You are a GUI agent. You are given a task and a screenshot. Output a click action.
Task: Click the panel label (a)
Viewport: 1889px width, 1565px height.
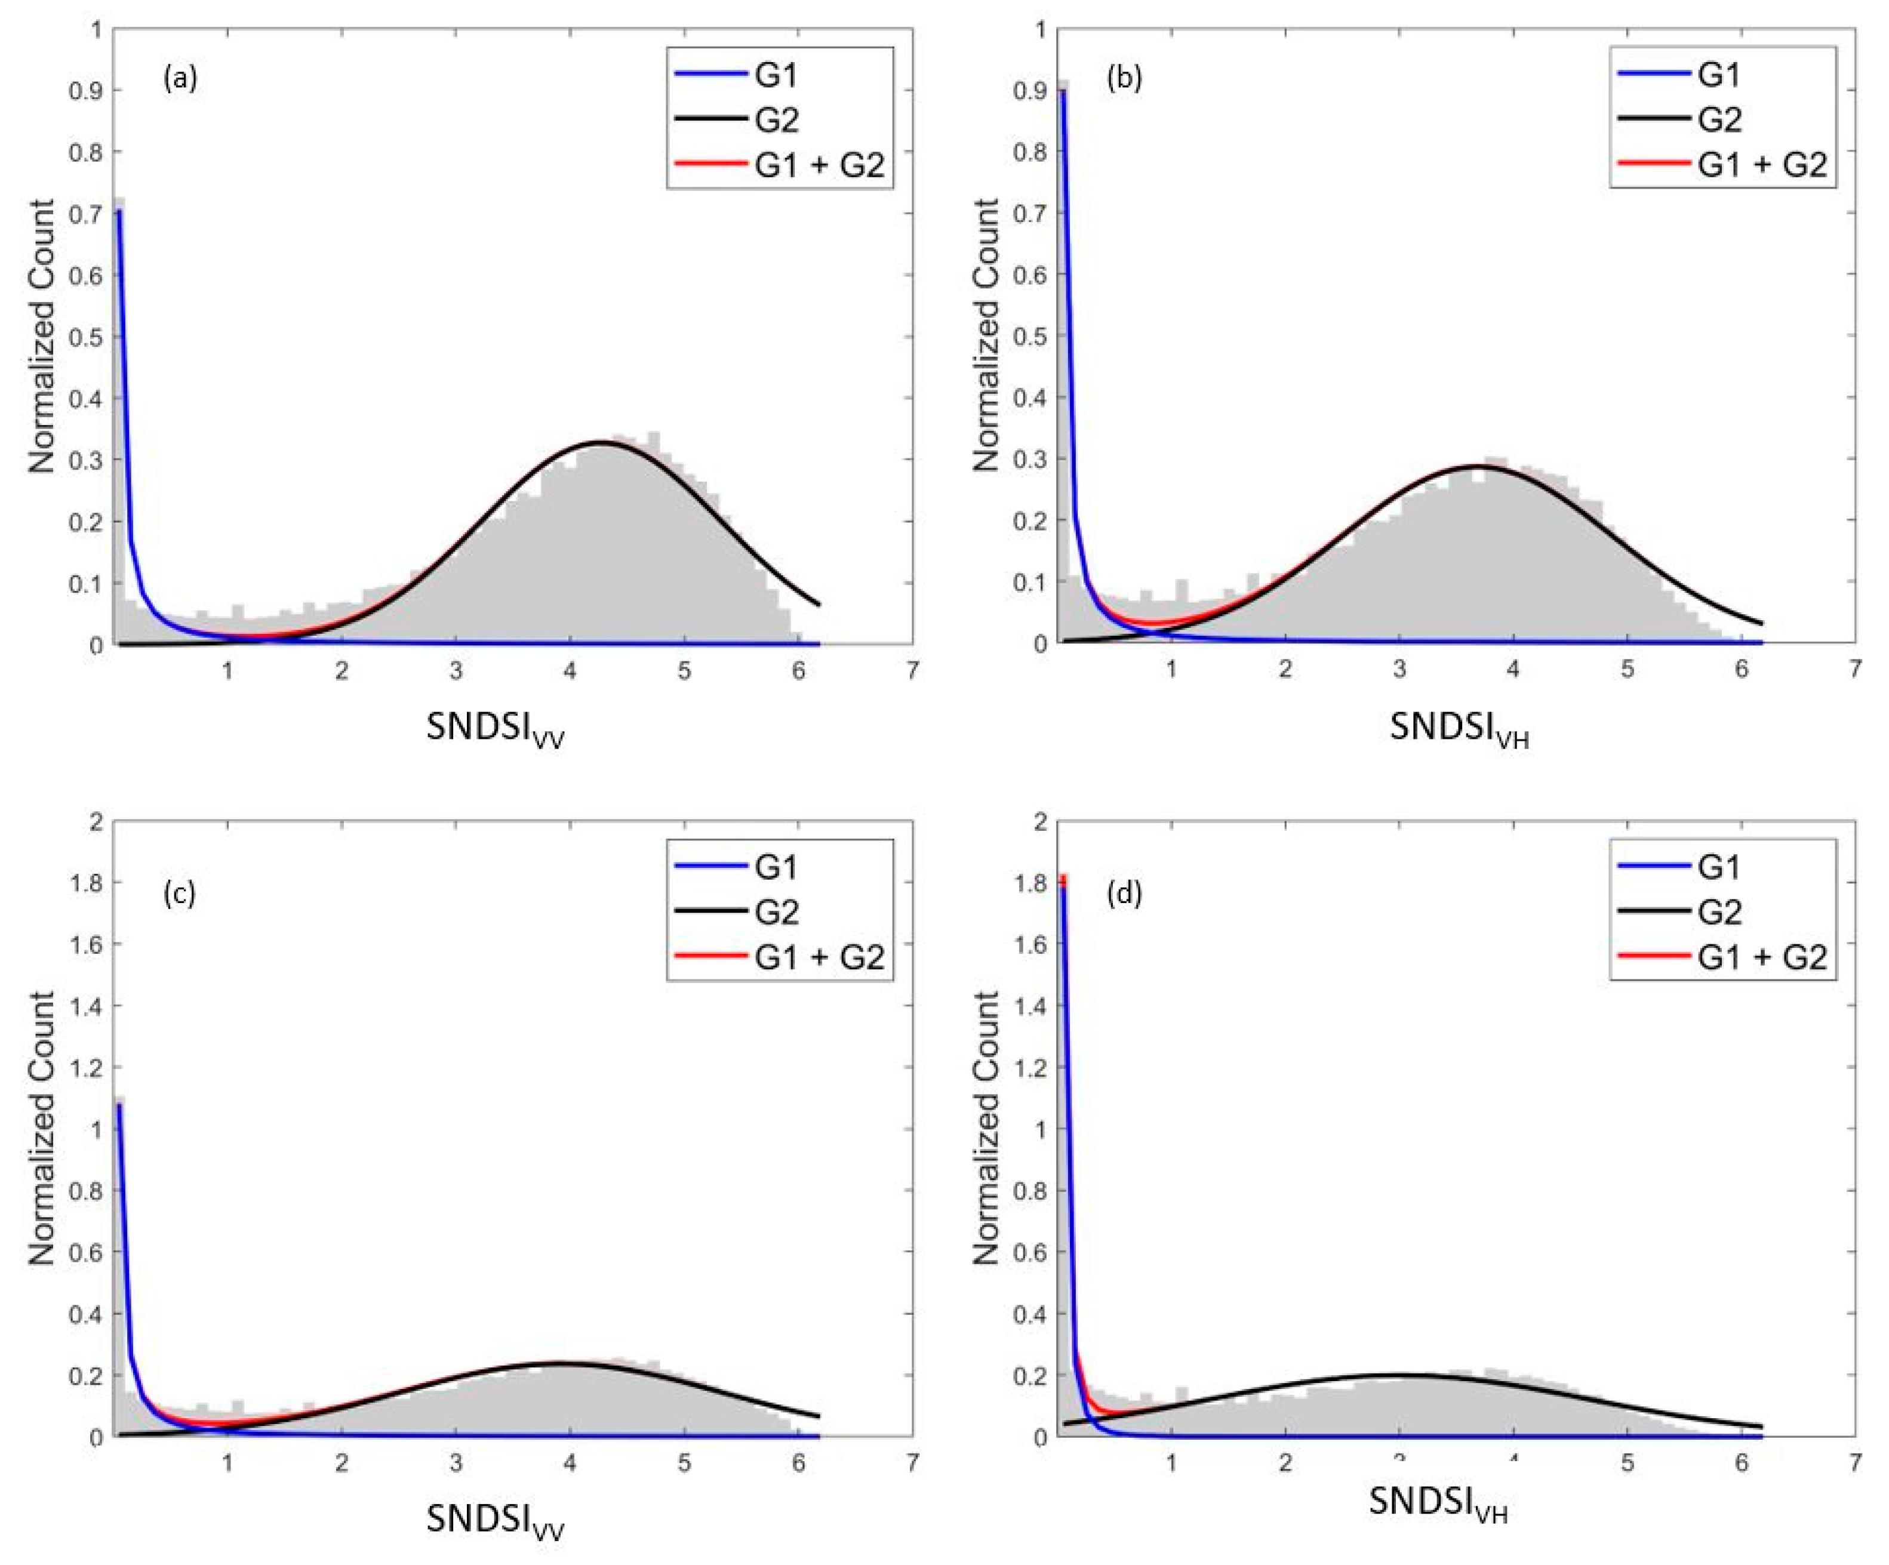click(180, 79)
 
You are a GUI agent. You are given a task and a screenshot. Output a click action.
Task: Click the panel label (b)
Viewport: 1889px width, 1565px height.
click(1124, 79)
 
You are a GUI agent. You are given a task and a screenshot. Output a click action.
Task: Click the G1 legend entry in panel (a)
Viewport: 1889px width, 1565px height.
click(776, 75)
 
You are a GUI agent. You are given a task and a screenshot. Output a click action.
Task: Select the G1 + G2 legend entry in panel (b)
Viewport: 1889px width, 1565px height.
click(1761, 165)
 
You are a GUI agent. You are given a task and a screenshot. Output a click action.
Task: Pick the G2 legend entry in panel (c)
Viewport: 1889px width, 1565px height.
click(776, 912)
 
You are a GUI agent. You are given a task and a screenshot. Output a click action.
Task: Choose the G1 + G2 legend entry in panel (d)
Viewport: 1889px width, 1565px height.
click(1761, 957)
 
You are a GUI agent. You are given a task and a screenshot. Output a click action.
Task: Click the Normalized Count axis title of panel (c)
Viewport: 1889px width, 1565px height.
click(41, 1128)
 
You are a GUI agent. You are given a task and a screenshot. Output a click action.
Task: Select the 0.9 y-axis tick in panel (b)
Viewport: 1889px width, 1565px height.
click(1030, 91)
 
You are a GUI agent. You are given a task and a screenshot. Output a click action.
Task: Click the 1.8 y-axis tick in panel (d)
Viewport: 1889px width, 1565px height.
click(1030, 883)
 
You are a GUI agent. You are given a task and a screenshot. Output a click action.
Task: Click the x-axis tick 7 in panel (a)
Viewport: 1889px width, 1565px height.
click(912, 671)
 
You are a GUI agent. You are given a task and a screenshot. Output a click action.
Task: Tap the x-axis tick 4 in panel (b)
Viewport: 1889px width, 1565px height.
click(1513, 671)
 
